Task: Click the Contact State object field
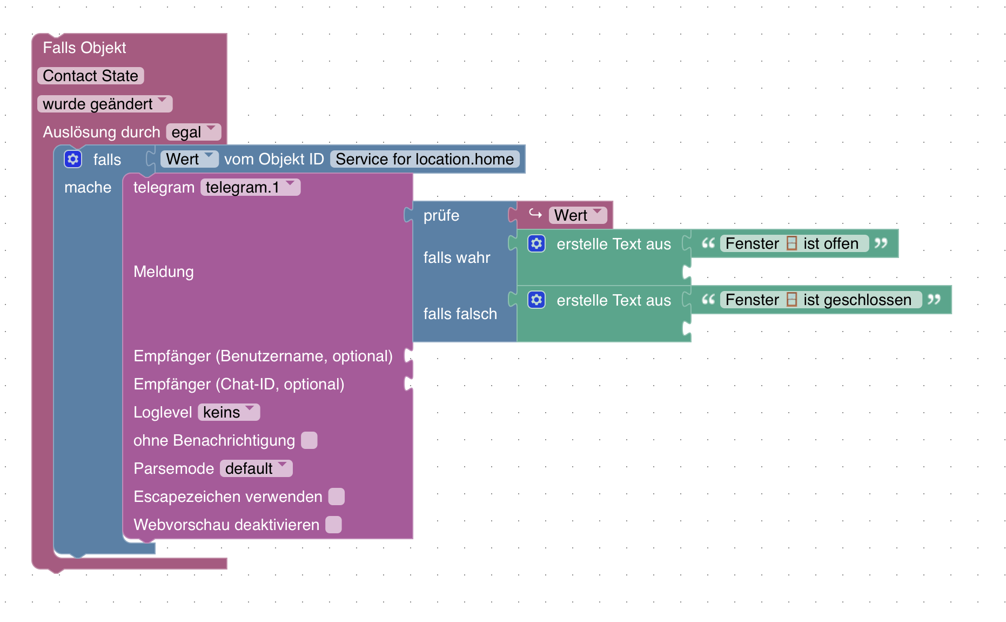coord(90,76)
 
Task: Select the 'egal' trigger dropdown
coord(193,132)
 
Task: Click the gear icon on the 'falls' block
coord(73,159)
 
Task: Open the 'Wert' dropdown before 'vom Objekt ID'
coord(189,159)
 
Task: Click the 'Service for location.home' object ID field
coord(425,159)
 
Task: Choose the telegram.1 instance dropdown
coord(250,187)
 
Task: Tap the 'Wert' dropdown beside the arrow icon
coord(578,215)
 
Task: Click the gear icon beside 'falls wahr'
coord(536,243)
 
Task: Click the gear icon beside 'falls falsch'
coord(536,300)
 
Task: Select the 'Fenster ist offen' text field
coord(794,243)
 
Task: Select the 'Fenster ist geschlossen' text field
coord(820,300)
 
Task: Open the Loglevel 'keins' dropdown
coord(229,412)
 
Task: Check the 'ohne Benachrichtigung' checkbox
coord(309,440)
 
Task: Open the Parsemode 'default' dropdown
coord(256,468)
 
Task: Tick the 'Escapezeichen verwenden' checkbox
coord(336,497)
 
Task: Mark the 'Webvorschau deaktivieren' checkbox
coord(333,525)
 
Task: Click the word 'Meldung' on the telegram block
coord(164,272)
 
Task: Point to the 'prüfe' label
coord(441,215)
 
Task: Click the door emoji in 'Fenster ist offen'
coord(792,243)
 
